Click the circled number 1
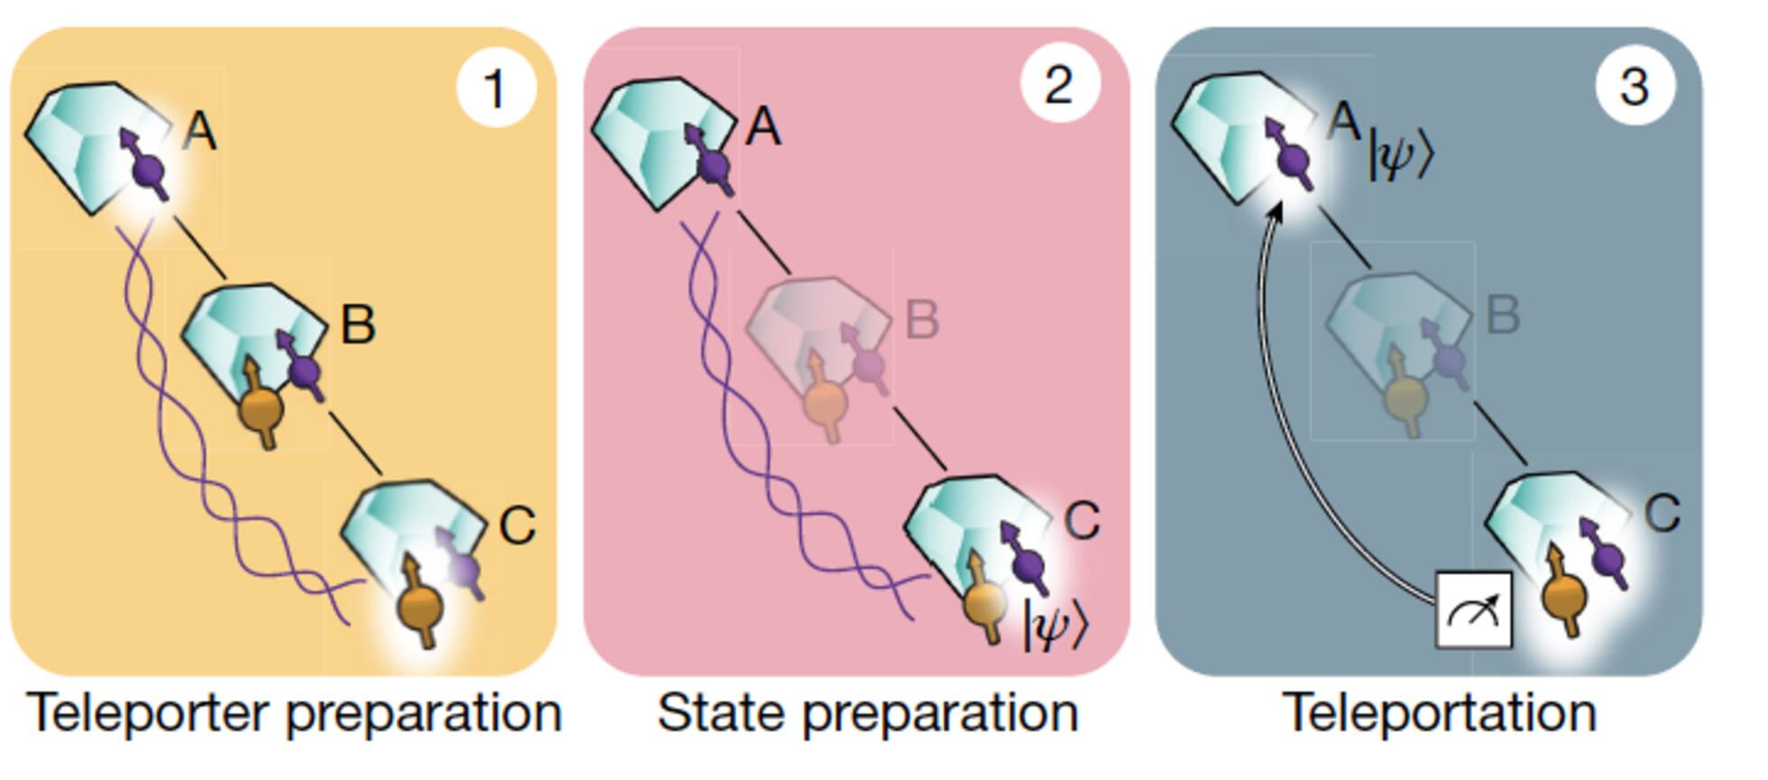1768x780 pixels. (495, 88)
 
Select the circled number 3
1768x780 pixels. (1634, 86)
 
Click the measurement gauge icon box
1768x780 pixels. (1473, 610)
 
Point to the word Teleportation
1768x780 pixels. (1439, 712)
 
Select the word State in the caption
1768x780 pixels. (722, 712)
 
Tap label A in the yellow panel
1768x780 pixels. (199, 133)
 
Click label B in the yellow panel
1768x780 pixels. (357, 324)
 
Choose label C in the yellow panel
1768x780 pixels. (517, 525)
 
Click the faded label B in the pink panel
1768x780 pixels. (921, 320)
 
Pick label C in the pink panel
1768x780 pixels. (1082, 520)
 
